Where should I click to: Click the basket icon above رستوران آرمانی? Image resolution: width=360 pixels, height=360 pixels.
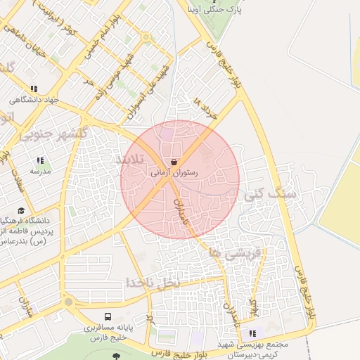coord(174,162)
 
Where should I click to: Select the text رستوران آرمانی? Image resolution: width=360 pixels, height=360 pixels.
coord(174,172)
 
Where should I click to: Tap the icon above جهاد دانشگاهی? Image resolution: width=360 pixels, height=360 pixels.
coord(33,89)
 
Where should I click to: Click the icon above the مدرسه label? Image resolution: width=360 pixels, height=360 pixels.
coord(39,160)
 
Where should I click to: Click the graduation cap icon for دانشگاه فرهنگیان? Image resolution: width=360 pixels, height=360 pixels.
coord(22,210)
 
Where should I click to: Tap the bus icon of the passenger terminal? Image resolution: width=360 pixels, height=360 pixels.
coord(108,317)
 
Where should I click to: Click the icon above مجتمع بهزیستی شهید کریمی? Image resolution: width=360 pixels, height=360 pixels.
coord(252,332)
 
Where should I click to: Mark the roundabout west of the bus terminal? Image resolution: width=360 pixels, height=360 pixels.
coord(68,302)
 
